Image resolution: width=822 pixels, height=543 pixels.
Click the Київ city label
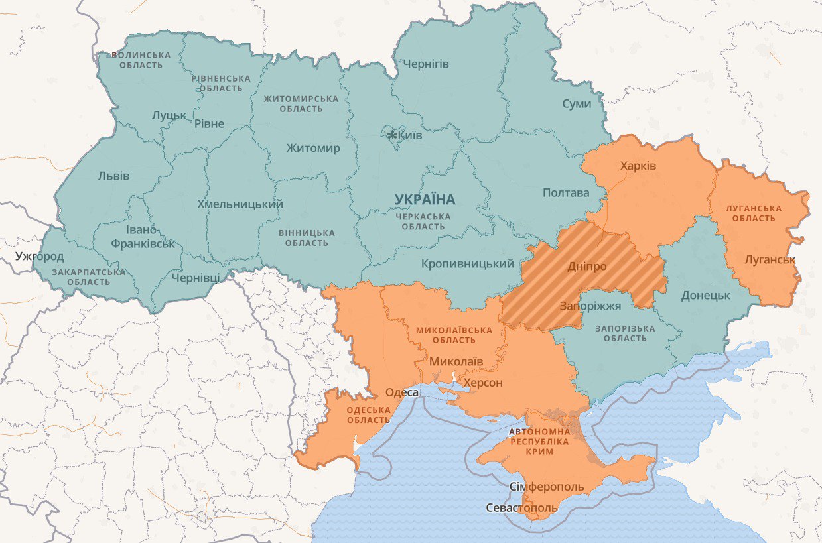411,135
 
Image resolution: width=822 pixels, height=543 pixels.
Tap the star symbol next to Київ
393,135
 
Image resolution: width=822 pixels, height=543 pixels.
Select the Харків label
638,166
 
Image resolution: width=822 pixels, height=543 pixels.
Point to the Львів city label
113,176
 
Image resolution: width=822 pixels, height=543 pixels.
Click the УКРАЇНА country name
425,200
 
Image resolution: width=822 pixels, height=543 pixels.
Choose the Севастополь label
521,509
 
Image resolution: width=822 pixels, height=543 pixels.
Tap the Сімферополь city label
547,487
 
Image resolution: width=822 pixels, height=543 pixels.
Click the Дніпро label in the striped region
586,267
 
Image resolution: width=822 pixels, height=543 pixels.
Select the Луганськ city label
770,259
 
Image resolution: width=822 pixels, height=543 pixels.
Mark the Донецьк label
705,295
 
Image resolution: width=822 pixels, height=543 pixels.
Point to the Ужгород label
40,256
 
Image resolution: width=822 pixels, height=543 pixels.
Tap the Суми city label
577,103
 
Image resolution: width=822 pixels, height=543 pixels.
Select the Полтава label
565,193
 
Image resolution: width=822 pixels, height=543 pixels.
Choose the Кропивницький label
468,264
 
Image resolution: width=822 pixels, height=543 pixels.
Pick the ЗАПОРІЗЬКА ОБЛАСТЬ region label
624,333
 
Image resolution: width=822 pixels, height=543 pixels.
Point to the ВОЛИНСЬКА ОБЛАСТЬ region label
141,60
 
